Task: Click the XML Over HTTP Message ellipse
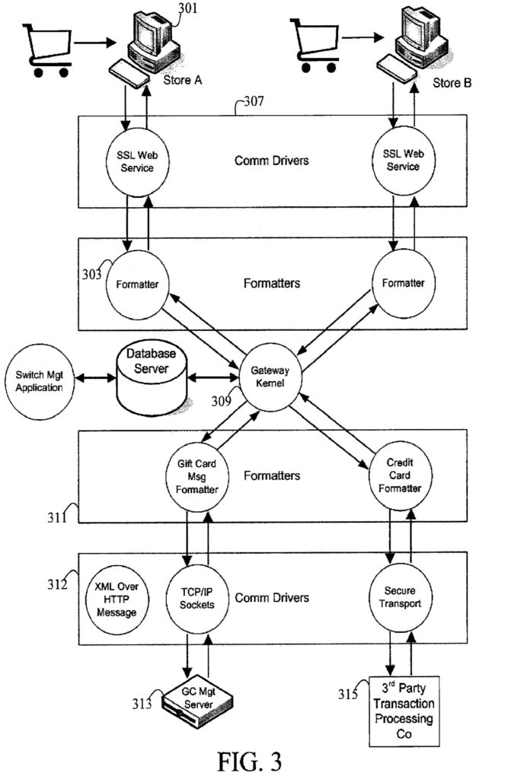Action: pos(116,598)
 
